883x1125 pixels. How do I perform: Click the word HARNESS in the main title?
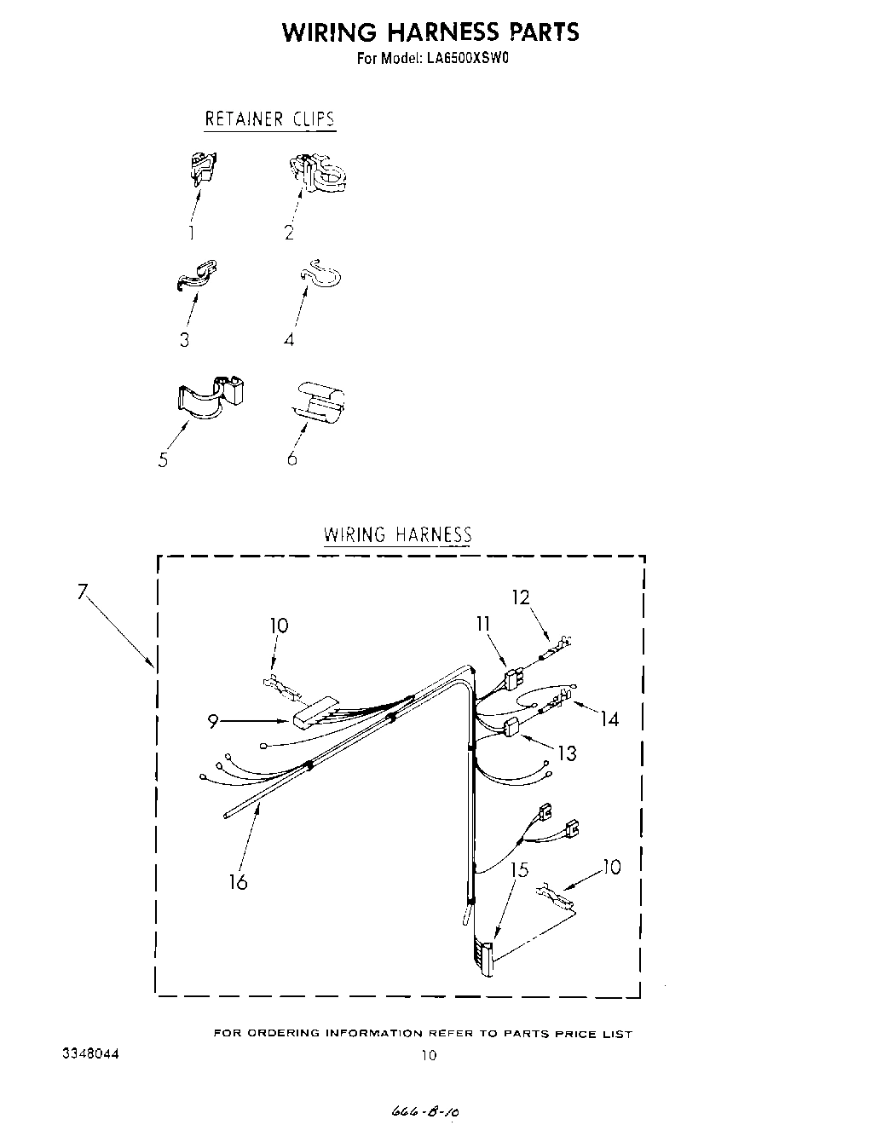tap(442, 32)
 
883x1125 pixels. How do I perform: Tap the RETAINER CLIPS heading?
tap(269, 118)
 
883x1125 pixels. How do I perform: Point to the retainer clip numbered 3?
tap(197, 275)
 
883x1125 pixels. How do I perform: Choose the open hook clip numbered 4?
tap(321, 273)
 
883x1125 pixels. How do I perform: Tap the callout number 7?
tap(83, 591)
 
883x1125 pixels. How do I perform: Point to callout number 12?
tap(521, 597)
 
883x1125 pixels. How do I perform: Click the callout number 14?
tap(609, 719)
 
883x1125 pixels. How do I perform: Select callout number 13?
tap(567, 753)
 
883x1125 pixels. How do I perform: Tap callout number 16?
tap(239, 882)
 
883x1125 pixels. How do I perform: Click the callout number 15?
tap(519, 870)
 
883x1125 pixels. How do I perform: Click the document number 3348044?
tap(90, 1053)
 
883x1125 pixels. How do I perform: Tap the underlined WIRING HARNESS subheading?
tap(397, 535)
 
